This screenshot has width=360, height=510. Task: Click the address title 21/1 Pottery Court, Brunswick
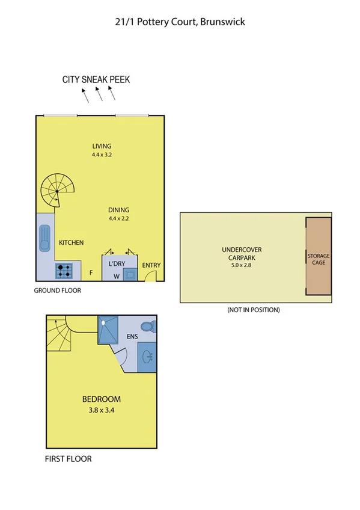pyautogui.click(x=180, y=22)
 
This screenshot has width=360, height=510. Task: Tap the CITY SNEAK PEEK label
pyautogui.click(x=96, y=79)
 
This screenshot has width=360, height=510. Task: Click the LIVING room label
pyautogui.click(x=102, y=146)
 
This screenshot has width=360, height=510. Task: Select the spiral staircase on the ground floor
pyautogui.click(x=56, y=191)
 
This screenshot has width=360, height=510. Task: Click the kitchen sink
pyautogui.click(x=45, y=238)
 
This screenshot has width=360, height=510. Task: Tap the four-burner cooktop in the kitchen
pyautogui.click(x=64, y=271)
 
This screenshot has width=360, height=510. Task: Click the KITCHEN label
pyautogui.click(x=71, y=243)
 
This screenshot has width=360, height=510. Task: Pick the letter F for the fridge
pyautogui.click(x=91, y=272)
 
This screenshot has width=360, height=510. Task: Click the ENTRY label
pyautogui.click(x=151, y=265)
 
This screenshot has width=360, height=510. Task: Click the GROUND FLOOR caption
pyautogui.click(x=58, y=290)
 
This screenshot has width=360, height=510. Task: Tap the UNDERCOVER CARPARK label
pyautogui.click(x=242, y=253)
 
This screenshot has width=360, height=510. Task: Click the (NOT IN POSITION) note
pyautogui.click(x=253, y=310)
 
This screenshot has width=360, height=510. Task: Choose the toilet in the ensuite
pyautogui.click(x=151, y=327)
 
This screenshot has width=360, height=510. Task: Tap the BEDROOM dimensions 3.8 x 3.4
pyautogui.click(x=101, y=411)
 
